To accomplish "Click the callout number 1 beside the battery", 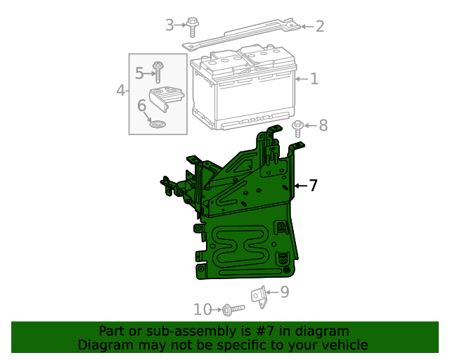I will [314, 79].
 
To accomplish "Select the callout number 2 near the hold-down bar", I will [319, 27].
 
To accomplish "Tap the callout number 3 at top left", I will [169, 26].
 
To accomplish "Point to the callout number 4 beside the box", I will [121, 90].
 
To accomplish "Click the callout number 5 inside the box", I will [139, 72].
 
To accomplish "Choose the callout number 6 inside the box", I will [141, 105].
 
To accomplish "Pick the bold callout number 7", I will [314, 186].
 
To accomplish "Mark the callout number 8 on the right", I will [323, 126].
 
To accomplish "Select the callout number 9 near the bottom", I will [284, 292].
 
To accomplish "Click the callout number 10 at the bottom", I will [202, 309].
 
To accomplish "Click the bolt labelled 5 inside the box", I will [158, 72].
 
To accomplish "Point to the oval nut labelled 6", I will [158, 124].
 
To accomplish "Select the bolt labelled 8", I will [298, 127].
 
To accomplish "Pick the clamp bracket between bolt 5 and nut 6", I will [167, 98].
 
